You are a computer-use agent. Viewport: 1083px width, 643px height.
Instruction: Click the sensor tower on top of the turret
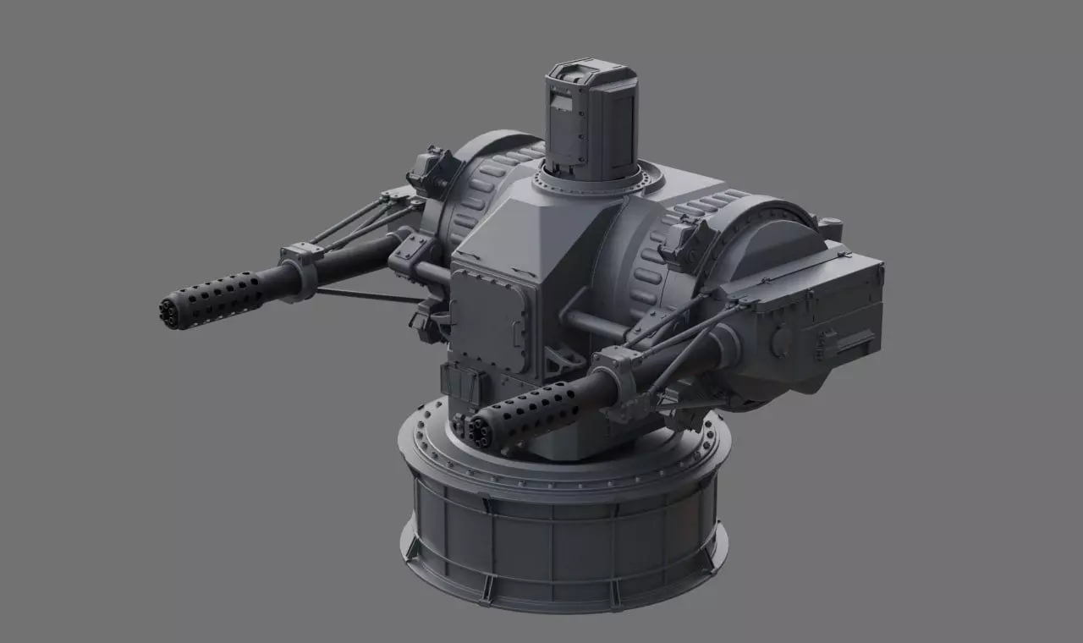click(x=589, y=118)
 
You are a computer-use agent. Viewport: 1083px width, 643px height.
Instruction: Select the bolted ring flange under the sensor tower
click(x=592, y=180)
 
